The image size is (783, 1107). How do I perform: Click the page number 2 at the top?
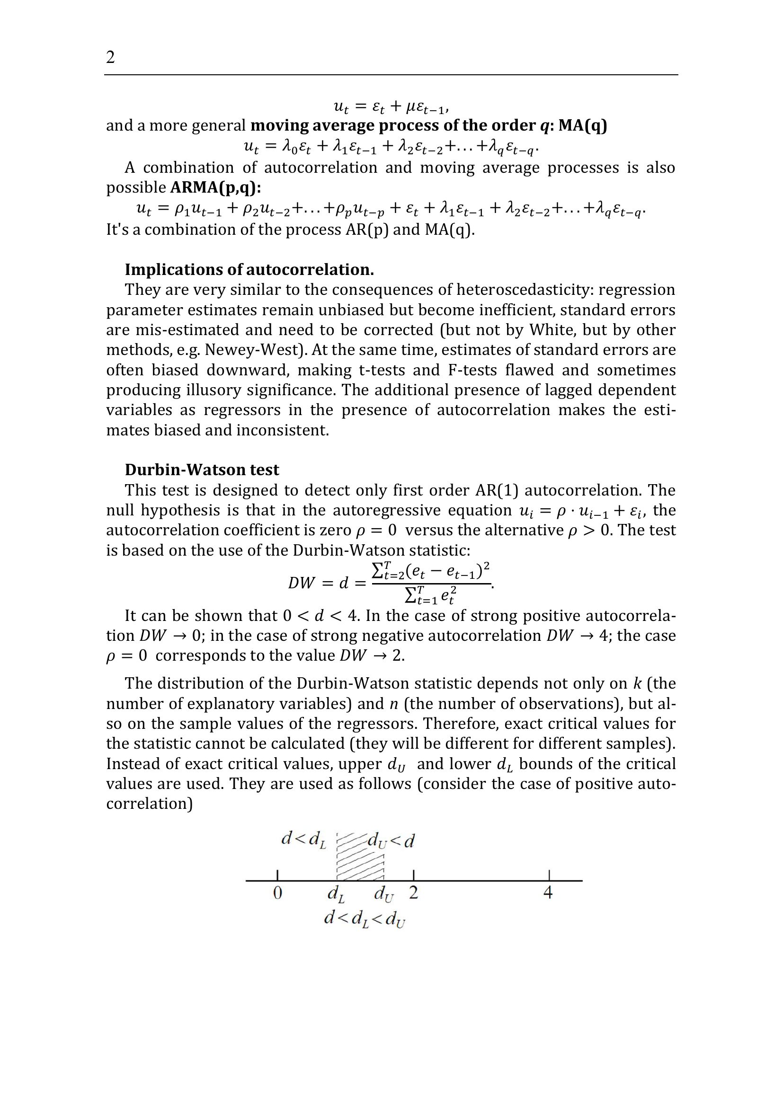coord(110,57)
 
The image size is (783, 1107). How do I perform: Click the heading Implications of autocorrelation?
coord(249,269)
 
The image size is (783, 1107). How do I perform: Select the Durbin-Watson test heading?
coord(202,469)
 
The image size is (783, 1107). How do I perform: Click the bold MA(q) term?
coord(582,125)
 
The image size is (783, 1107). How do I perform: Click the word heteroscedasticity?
coord(523,290)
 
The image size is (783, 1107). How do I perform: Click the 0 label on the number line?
coord(277,893)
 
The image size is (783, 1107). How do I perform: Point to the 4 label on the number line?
coord(548,893)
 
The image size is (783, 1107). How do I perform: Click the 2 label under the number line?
coord(414,893)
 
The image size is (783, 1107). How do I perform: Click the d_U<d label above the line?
coord(391,841)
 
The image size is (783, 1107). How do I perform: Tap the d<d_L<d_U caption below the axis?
coord(365,919)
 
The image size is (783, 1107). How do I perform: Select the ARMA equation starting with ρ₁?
coord(391,209)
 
